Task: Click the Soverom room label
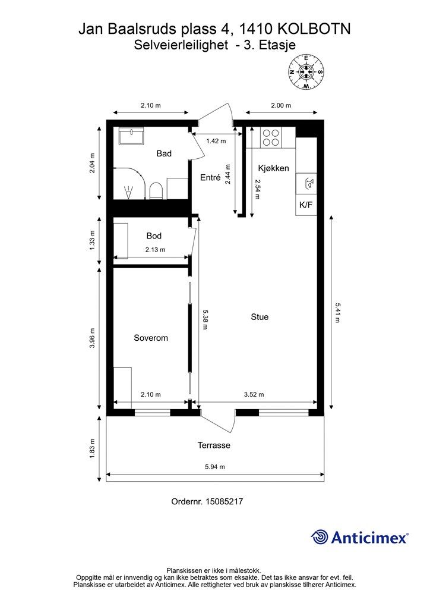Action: (151, 338)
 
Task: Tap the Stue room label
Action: (260, 317)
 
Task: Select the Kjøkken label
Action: (273, 168)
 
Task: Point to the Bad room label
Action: (164, 153)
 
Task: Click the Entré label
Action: (210, 177)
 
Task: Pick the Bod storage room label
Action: (154, 236)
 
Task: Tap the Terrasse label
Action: (214, 445)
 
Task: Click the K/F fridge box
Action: (306, 205)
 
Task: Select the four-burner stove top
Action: (271, 137)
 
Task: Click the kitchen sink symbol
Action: (306, 184)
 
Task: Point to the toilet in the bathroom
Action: (156, 191)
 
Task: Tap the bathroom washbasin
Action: (131, 136)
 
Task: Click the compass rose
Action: (306, 72)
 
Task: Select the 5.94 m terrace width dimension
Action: (215, 467)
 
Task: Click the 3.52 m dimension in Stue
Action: (254, 395)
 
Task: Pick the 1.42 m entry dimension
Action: (216, 141)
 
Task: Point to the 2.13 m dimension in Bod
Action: (156, 250)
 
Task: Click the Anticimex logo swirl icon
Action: (319, 537)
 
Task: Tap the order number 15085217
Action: (224, 501)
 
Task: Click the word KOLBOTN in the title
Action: (314, 29)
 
